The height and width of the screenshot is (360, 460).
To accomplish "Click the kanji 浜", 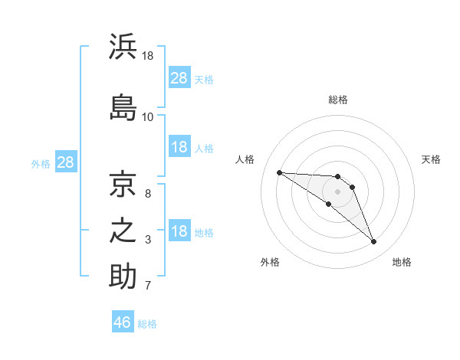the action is (x=123, y=46).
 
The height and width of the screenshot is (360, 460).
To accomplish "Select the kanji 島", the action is (x=123, y=107).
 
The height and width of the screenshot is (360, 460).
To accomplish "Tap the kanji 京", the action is (x=123, y=184).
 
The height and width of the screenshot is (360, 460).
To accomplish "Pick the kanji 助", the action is (x=123, y=276).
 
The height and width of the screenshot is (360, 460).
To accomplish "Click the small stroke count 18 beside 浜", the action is (x=147, y=56).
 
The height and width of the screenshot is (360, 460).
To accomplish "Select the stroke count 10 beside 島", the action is (x=147, y=117).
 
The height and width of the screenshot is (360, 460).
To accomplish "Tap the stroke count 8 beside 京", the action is (x=148, y=194).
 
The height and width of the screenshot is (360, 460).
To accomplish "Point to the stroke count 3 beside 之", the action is (x=148, y=240).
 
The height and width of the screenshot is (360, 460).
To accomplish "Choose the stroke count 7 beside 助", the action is (x=148, y=285).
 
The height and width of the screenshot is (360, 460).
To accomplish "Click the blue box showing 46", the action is (x=123, y=321).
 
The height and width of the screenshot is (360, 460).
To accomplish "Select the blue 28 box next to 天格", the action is (x=180, y=77).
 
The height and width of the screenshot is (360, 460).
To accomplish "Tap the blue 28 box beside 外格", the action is (x=66, y=162).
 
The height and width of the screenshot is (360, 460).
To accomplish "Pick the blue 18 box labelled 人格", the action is (x=180, y=146).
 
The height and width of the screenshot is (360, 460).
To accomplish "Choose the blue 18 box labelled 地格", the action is (x=180, y=230).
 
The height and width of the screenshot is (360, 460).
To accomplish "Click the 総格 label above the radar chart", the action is (x=338, y=100).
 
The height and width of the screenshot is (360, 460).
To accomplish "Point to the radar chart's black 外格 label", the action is (x=270, y=262).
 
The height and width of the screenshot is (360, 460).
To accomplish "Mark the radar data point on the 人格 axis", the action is (x=280, y=172).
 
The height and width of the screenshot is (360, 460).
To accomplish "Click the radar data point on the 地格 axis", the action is (x=374, y=241).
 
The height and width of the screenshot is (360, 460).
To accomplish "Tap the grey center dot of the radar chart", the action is (x=337, y=191).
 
